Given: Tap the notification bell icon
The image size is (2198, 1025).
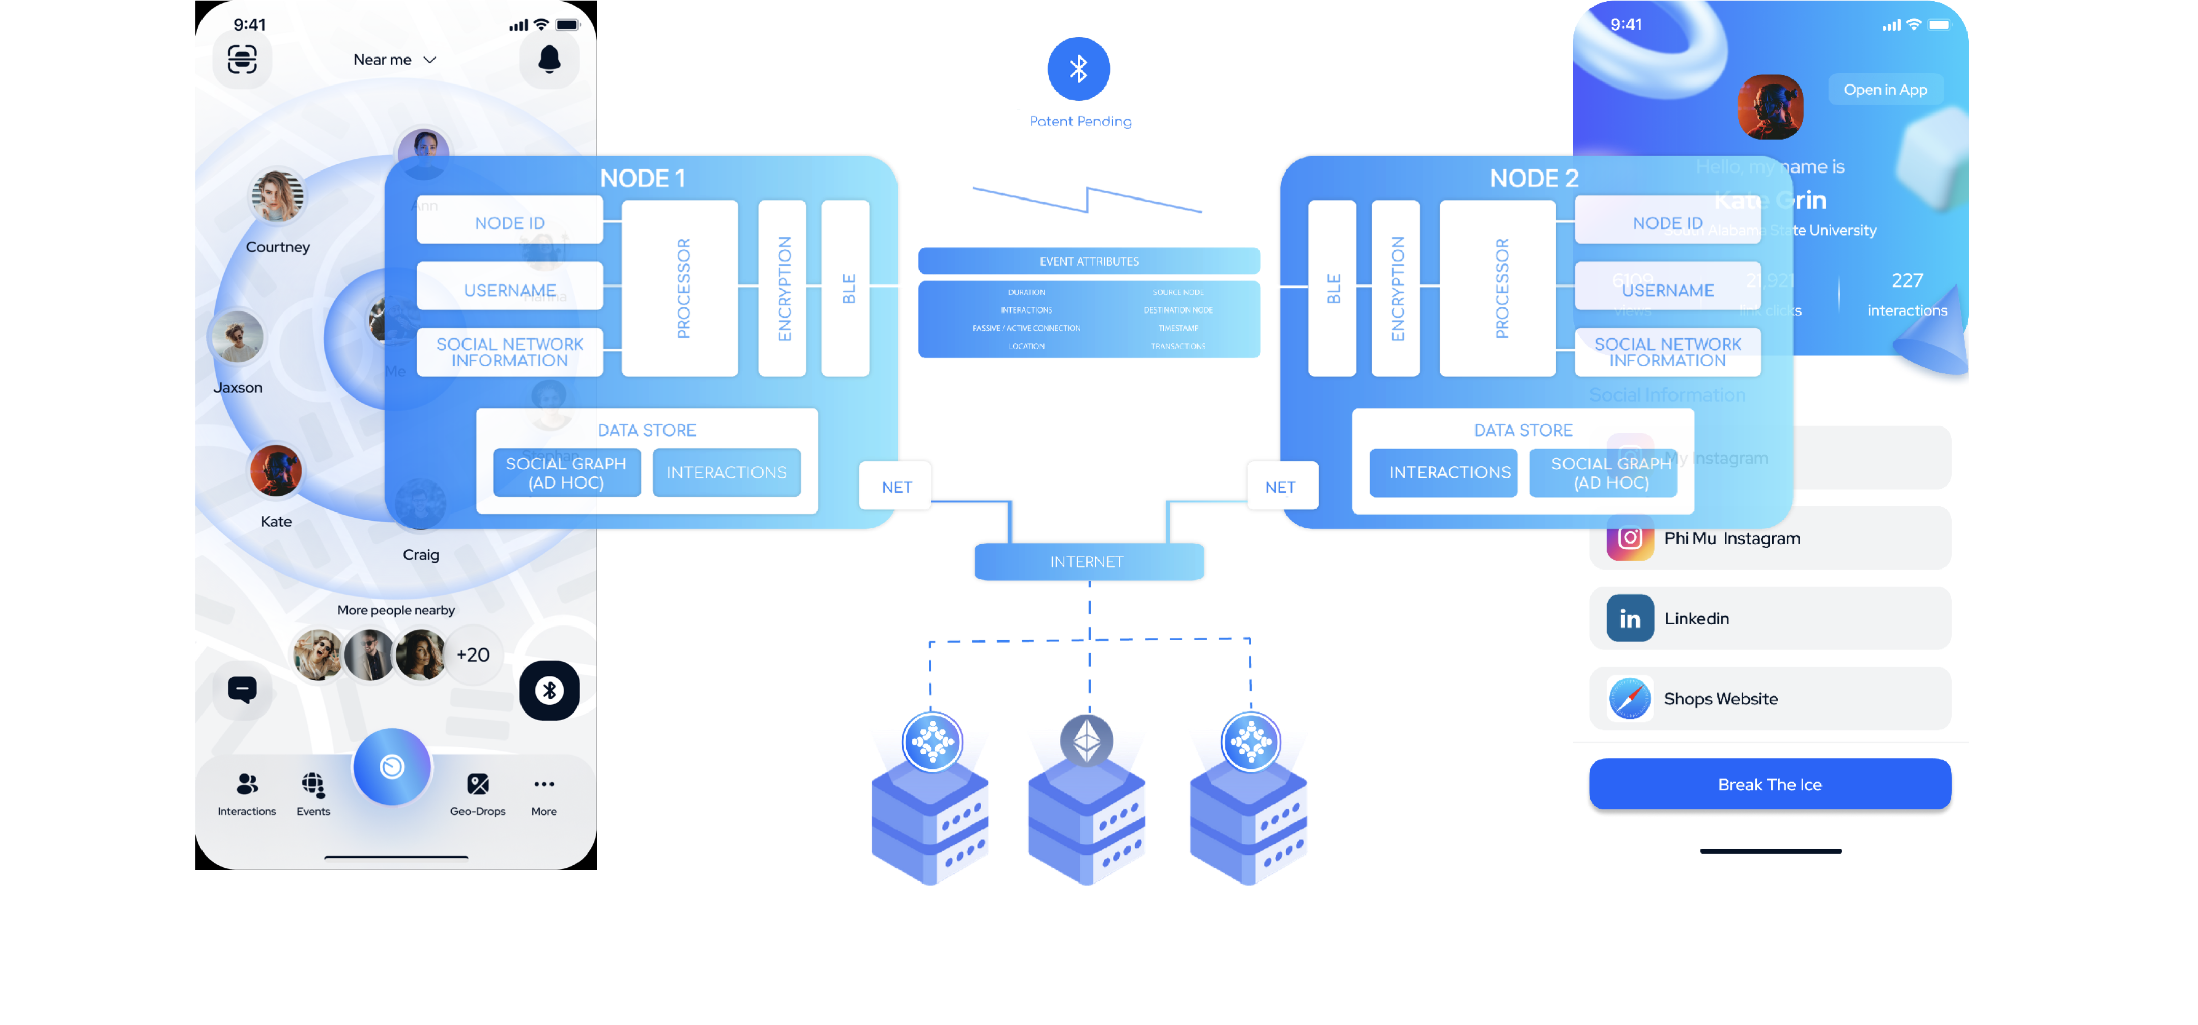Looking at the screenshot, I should tap(549, 59).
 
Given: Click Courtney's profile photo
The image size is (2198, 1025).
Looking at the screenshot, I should tap(277, 196).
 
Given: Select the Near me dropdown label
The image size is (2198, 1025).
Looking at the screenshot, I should tap(382, 60).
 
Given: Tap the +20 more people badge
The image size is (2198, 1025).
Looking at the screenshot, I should tap(473, 654).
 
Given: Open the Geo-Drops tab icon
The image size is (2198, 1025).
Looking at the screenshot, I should tap(478, 783).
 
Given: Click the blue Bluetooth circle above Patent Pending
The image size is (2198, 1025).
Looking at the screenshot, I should tap(1079, 68).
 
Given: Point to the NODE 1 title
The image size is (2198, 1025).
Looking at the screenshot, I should tap(643, 178).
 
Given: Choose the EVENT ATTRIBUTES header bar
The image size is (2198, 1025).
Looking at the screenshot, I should tap(1089, 261).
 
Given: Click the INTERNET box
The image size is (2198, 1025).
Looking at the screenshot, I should tap(1088, 561).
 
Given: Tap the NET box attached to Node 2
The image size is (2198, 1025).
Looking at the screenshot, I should tap(1281, 487).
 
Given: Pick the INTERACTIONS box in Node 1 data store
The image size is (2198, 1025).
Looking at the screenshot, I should tap(726, 472).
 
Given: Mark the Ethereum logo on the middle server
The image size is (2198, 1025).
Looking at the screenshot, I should tap(1086, 739).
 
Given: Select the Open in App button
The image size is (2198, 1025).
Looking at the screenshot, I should tap(1885, 90).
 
